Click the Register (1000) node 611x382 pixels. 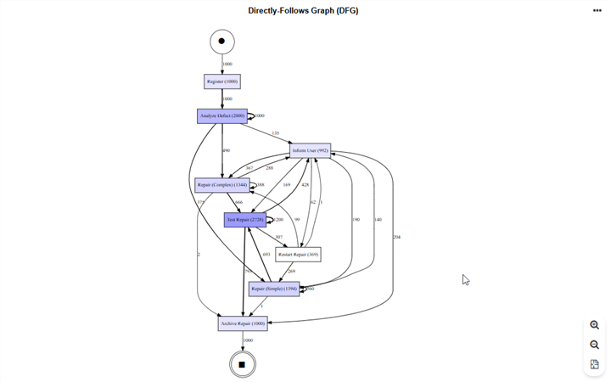222,81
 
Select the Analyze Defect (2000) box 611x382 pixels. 222,115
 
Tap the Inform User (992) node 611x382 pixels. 310,150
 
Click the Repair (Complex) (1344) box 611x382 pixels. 222,184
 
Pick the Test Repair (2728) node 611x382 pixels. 245,219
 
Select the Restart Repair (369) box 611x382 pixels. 298,254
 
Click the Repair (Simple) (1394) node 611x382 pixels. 274,289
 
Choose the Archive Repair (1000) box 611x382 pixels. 243,323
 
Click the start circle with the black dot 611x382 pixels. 222,41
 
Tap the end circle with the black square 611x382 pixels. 242,364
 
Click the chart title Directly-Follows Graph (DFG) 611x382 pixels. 303,11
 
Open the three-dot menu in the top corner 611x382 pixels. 597,11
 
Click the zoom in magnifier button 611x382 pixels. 594,325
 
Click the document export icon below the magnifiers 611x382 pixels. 594,364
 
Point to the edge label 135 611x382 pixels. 275,133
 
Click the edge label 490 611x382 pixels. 226,150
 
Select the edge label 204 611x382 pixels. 396,237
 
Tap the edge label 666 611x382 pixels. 238,202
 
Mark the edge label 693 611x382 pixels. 266,254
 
